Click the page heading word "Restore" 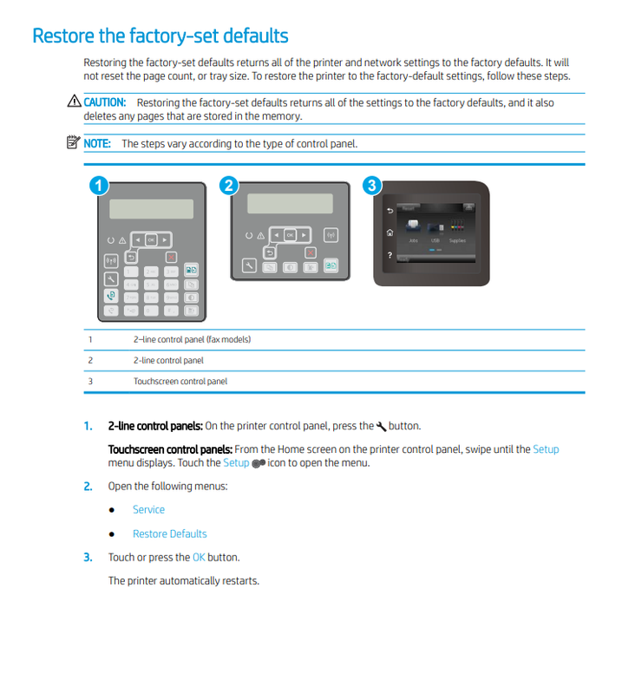62,36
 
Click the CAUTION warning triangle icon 74,103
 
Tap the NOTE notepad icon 74,143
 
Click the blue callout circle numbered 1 99,185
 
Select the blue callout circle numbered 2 229,185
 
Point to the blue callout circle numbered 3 372,185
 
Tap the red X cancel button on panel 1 172,257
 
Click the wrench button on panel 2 249,266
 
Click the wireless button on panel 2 331,235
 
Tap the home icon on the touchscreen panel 390,232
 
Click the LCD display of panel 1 151,210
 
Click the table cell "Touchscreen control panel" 180,381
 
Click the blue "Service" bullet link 148,509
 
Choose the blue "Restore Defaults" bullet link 169,534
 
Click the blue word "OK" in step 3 199,557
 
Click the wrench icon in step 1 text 381,426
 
